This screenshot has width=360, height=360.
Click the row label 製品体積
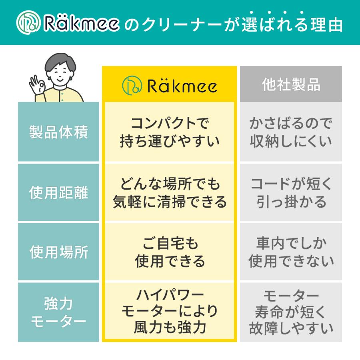click(x=58, y=132)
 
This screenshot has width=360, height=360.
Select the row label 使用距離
click(x=58, y=193)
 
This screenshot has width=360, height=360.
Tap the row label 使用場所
click(x=58, y=252)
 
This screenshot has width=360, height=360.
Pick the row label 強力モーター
click(x=58, y=312)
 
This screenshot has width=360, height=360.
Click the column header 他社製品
click(x=291, y=84)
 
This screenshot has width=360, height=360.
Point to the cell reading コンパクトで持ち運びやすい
click(x=170, y=132)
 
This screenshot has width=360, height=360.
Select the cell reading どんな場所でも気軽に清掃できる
click(x=170, y=193)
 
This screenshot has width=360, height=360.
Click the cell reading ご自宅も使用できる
click(x=170, y=252)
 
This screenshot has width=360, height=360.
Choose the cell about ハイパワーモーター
click(x=170, y=312)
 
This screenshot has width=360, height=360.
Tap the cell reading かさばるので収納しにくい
click(x=291, y=132)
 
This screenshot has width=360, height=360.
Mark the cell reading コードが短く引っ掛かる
click(x=291, y=193)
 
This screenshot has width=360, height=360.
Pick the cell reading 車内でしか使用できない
click(x=291, y=252)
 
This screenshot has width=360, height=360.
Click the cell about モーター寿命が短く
click(x=291, y=312)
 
